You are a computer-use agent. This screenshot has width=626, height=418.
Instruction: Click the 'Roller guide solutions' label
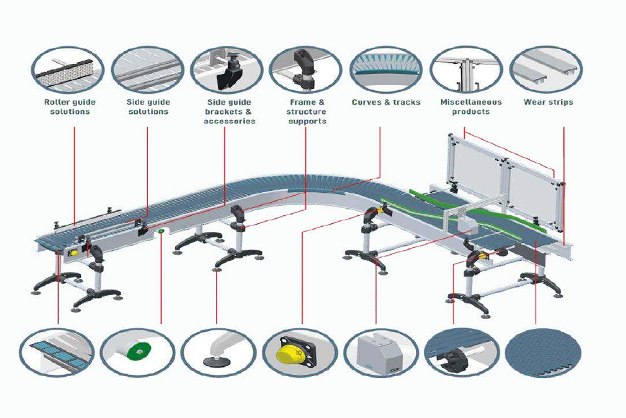click(x=70, y=107)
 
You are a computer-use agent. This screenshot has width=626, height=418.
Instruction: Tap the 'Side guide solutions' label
click(x=148, y=107)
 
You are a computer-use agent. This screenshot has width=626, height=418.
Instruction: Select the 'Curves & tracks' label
click(x=386, y=102)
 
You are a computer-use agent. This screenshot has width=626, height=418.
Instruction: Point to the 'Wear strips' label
click(x=548, y=102)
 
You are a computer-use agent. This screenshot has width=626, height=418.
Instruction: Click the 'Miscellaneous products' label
click(x=471, y=107)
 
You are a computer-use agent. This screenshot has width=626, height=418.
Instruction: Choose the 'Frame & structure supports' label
click(x=307, y=112)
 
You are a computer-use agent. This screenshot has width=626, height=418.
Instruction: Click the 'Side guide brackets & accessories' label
click(x=230, y=112)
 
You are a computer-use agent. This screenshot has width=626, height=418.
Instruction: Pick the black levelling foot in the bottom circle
click(x=217, y=362)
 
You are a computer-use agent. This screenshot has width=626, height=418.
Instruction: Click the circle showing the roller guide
click(x=68, y=69)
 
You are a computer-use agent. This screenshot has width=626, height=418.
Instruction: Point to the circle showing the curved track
click(x=386, y=69)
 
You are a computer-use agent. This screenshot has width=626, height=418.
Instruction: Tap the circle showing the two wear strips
click(x=546, y=69)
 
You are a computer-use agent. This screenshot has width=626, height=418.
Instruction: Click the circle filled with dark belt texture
click(x=543, y=353)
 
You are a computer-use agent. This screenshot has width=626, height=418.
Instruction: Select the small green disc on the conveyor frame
click(x=161, y=231)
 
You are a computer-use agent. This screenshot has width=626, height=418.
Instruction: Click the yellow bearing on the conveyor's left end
click(x=74, y=253)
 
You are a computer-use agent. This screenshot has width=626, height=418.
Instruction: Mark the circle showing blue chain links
click(x=57, y=353)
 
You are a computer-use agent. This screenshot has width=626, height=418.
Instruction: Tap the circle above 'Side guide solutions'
click(x=148, y=69)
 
